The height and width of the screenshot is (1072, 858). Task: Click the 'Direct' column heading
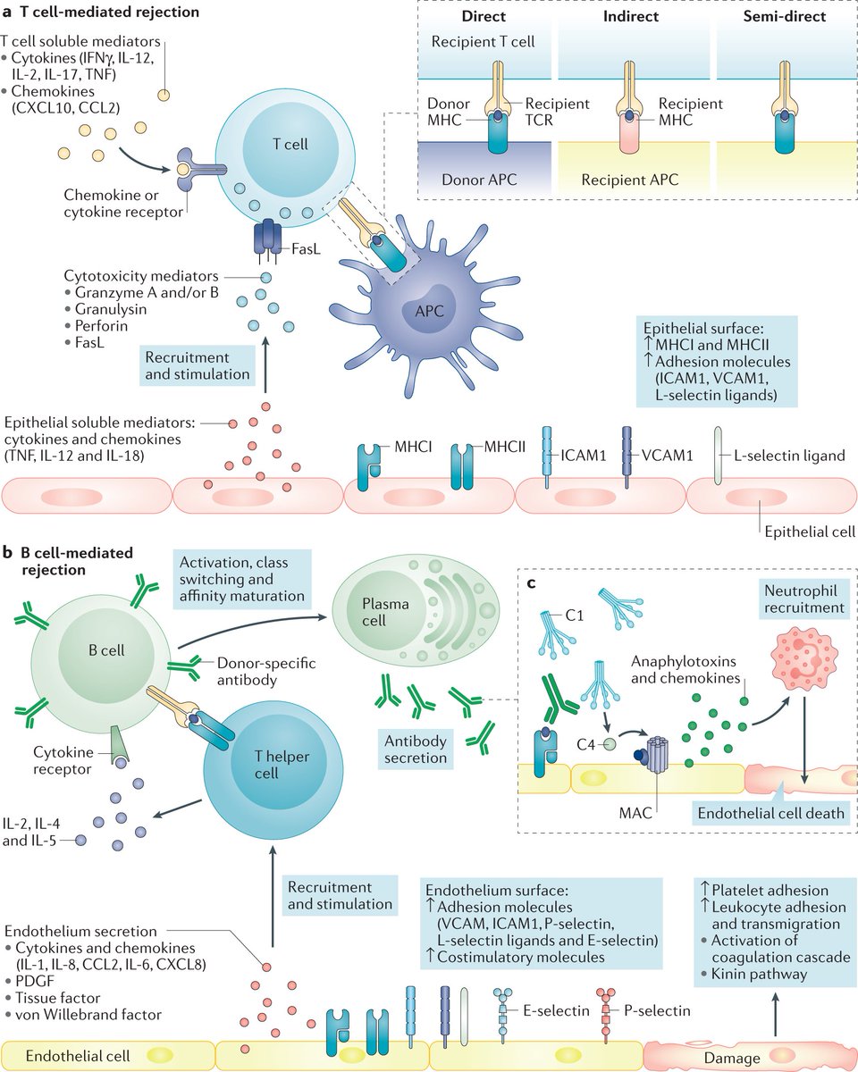point(484,17)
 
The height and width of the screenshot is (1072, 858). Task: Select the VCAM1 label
point(667,456)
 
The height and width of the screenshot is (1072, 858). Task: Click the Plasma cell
point(386,614)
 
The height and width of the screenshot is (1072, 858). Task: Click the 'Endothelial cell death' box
point(771,813)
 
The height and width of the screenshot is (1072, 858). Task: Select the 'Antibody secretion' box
point(415,750)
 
